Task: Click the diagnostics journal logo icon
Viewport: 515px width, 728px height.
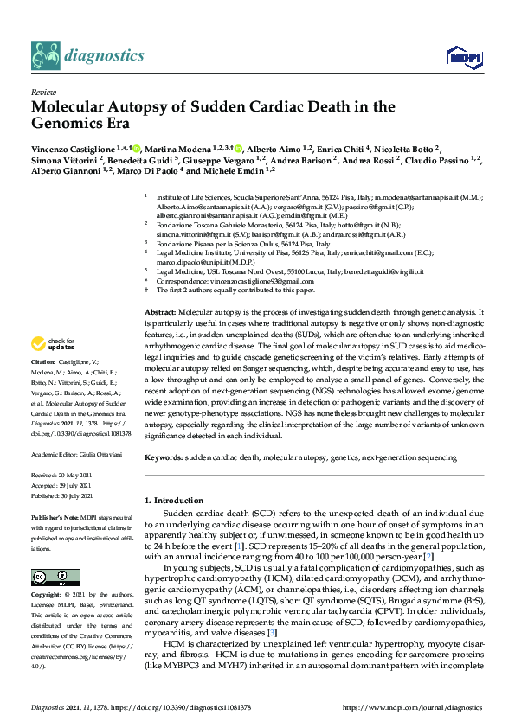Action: [x=45, y=55]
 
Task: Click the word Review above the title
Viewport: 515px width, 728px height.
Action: [x=42, y=91]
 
